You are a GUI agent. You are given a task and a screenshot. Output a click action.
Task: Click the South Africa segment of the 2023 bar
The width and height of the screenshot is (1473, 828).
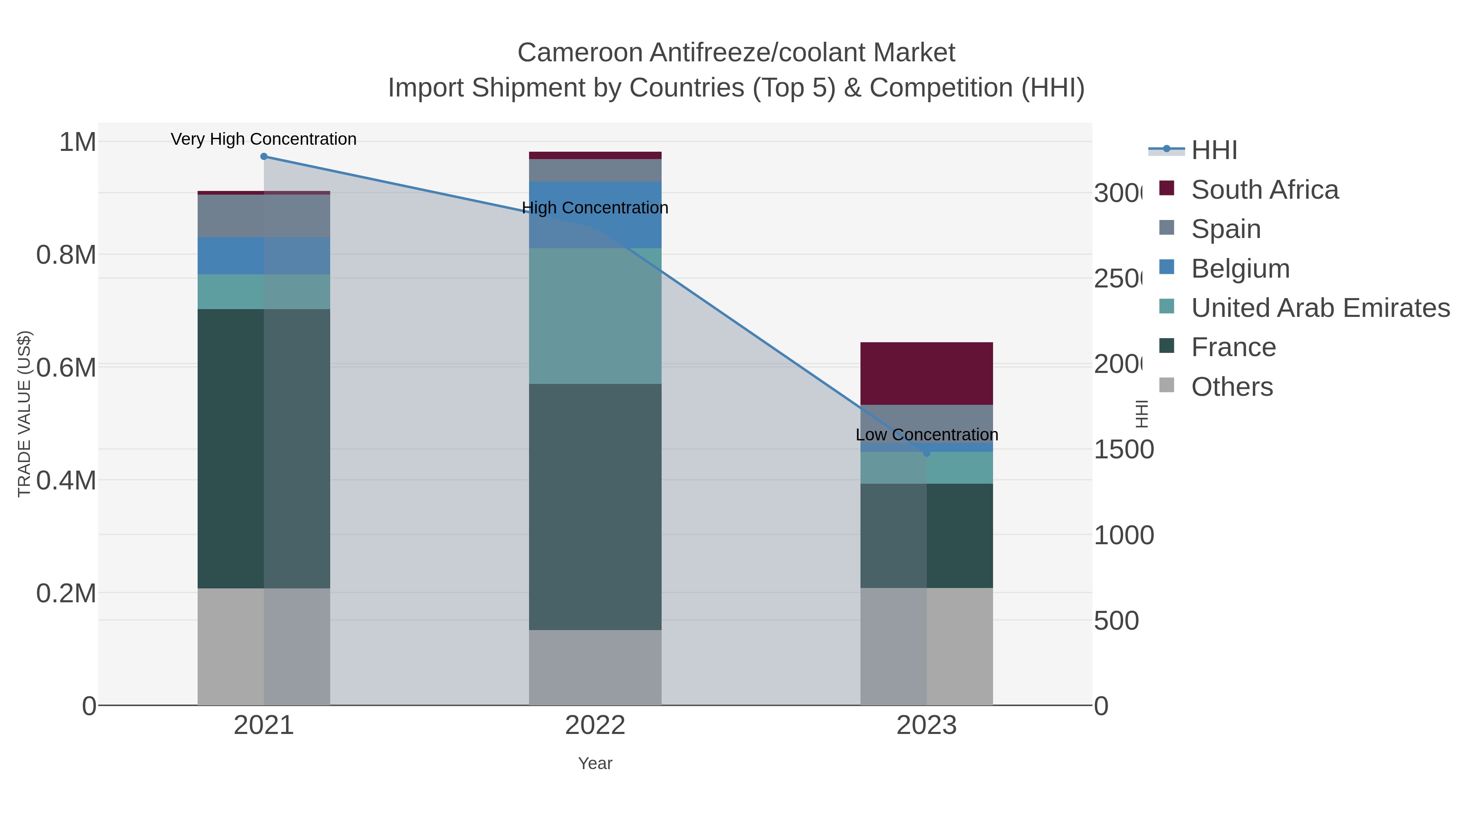(x=926, y=373)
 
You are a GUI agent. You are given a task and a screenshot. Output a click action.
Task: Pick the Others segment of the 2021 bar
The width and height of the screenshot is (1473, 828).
(x=264, y=646)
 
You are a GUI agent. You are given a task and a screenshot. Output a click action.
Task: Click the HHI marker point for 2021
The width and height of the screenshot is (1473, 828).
(x=264, y=157)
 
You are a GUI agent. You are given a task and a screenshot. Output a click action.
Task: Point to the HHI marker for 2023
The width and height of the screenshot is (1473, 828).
(x=926, y=453)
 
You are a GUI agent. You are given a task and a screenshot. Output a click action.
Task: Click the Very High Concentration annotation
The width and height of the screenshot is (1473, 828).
(x=264, y=139)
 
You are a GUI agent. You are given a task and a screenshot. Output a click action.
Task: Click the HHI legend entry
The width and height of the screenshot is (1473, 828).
(x=1214, y=150)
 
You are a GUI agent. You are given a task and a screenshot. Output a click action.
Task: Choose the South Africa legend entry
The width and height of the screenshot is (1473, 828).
(x=1264, y=190)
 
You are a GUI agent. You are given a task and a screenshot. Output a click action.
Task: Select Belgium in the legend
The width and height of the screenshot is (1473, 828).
(x=1240, y=269)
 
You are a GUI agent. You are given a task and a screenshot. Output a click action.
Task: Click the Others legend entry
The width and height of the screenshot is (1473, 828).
(x=1232, y=387)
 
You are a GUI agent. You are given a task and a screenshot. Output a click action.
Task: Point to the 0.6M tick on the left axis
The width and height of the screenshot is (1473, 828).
(x=66, y=368)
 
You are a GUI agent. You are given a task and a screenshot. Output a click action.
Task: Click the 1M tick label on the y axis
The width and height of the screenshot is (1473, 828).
(x=77, y=142)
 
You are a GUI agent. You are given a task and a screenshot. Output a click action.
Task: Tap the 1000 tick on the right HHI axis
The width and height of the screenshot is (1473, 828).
(x=1124, y=535)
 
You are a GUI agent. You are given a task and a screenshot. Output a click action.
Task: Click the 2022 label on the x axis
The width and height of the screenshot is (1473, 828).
(x=595, y=725)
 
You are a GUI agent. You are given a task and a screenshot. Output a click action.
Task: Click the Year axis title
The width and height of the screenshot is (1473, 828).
(x=595, y=763)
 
